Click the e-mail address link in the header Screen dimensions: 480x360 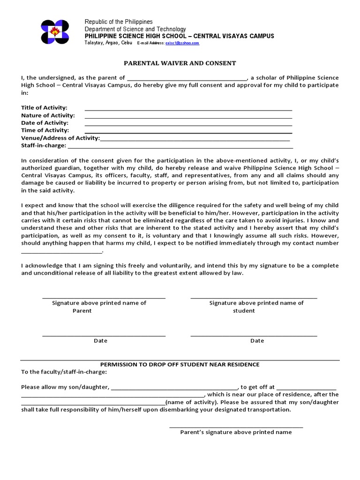click(x=182, y=43)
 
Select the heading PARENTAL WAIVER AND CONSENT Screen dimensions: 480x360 click(x=180, y=63)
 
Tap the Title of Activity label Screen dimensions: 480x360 click(x=44, y=108)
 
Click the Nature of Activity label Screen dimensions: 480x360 click(x=48, y=115)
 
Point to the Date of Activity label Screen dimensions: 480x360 click(x=45, y=123)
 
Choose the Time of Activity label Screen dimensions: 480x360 click(x=45, y=130)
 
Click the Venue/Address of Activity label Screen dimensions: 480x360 click(x=60, y=138)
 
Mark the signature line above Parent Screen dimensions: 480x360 click(x=104, y=298)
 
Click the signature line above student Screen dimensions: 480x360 click(x=254, y=298)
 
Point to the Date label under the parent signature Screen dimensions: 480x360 click(x=100, y=341)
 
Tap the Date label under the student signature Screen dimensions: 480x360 click(x=257, y=341)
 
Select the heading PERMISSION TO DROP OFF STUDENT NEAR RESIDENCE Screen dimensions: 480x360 click(x=180, y=364)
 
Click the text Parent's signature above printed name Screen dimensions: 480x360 click(x=236, y=432)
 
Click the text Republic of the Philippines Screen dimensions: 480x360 click(x=119, y=22)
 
